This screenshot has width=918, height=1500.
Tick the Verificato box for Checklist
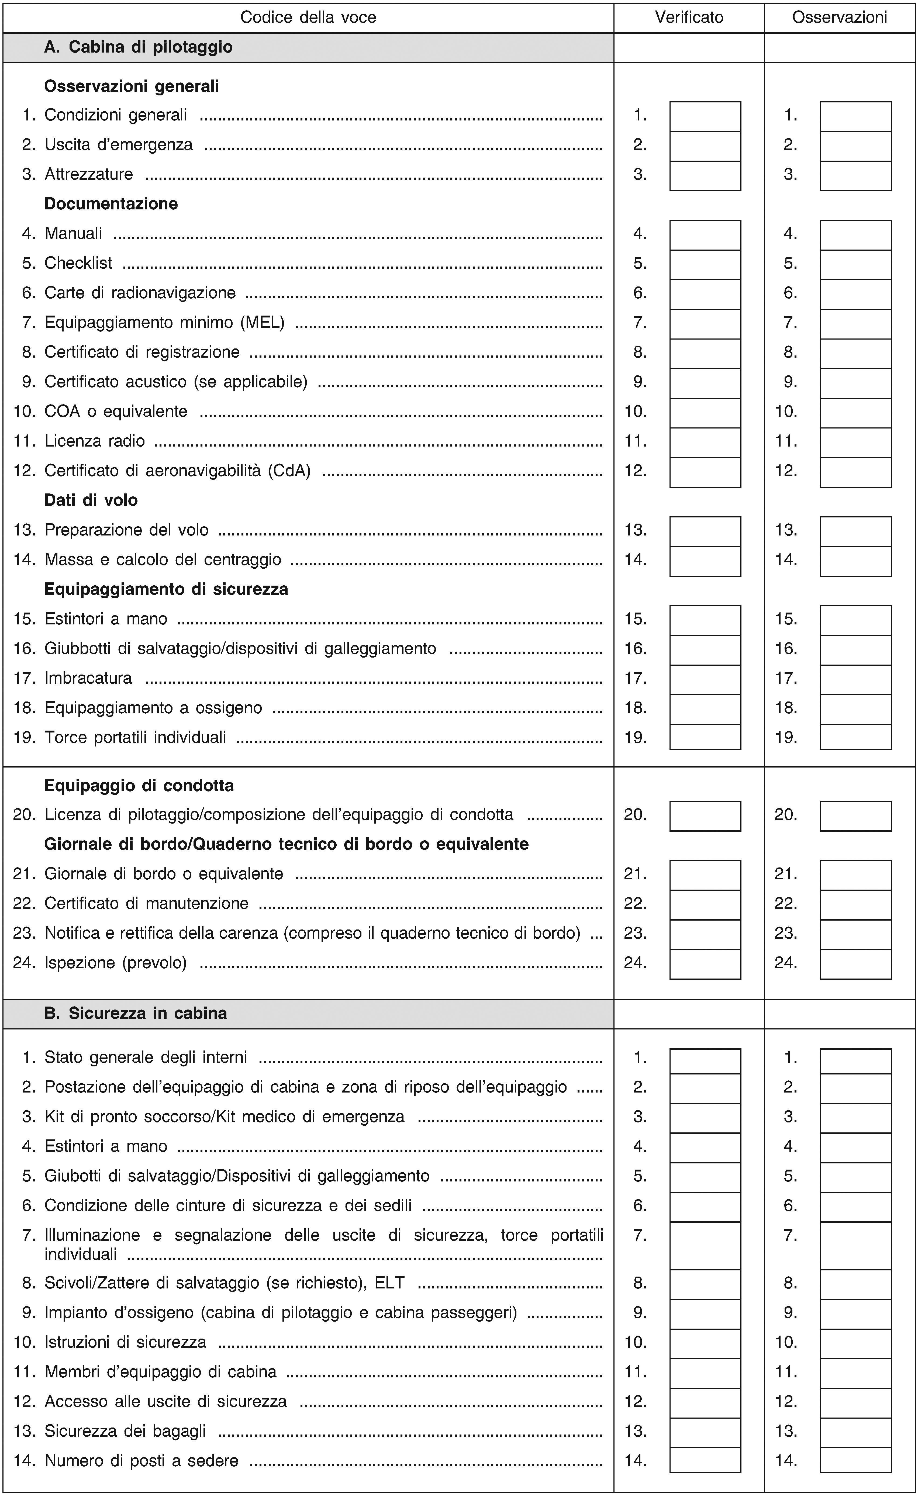705,264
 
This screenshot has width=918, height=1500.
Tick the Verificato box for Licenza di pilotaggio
705,816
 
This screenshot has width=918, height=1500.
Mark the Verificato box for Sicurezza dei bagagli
705,1430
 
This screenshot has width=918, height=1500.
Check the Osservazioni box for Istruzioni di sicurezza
855,1342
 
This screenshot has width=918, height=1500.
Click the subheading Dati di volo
91,500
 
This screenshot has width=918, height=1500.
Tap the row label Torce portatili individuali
135,738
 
